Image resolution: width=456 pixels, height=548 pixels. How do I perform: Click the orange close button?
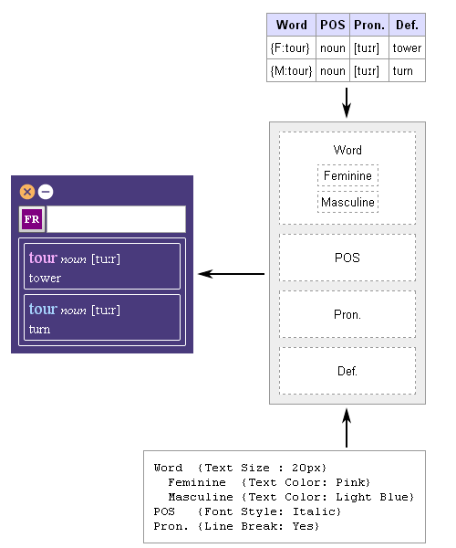[27, 192]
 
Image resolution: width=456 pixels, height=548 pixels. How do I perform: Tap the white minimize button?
[46, 192]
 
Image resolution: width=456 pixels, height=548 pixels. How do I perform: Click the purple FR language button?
[32, 219]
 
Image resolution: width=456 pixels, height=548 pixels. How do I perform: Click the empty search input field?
[116, 219]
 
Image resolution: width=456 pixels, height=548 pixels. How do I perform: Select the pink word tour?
[43, 258]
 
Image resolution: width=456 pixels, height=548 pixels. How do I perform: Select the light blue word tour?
[43, 309]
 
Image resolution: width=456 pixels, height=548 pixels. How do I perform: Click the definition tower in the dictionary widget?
[45, 279]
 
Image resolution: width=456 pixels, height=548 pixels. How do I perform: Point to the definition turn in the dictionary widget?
[39, 329]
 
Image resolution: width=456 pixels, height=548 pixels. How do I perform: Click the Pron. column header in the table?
[369, 25]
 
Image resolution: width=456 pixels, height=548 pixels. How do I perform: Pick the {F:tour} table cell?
[291, 47]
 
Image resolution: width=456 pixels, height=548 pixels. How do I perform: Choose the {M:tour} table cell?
[291, 71]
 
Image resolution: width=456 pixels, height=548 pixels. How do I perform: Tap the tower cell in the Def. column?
[407, 47]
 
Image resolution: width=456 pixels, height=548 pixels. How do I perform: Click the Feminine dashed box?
[347, 175]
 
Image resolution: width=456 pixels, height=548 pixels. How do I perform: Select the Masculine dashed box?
[347, 202]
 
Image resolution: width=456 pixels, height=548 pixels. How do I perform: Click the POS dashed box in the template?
[347, 258]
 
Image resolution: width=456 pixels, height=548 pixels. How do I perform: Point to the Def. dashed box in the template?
[347, 371]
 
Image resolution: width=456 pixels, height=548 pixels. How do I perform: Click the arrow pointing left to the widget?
[232, 274]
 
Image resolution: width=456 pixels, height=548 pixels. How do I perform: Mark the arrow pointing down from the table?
[347, 102]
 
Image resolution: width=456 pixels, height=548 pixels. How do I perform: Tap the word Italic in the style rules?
[315, 512]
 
